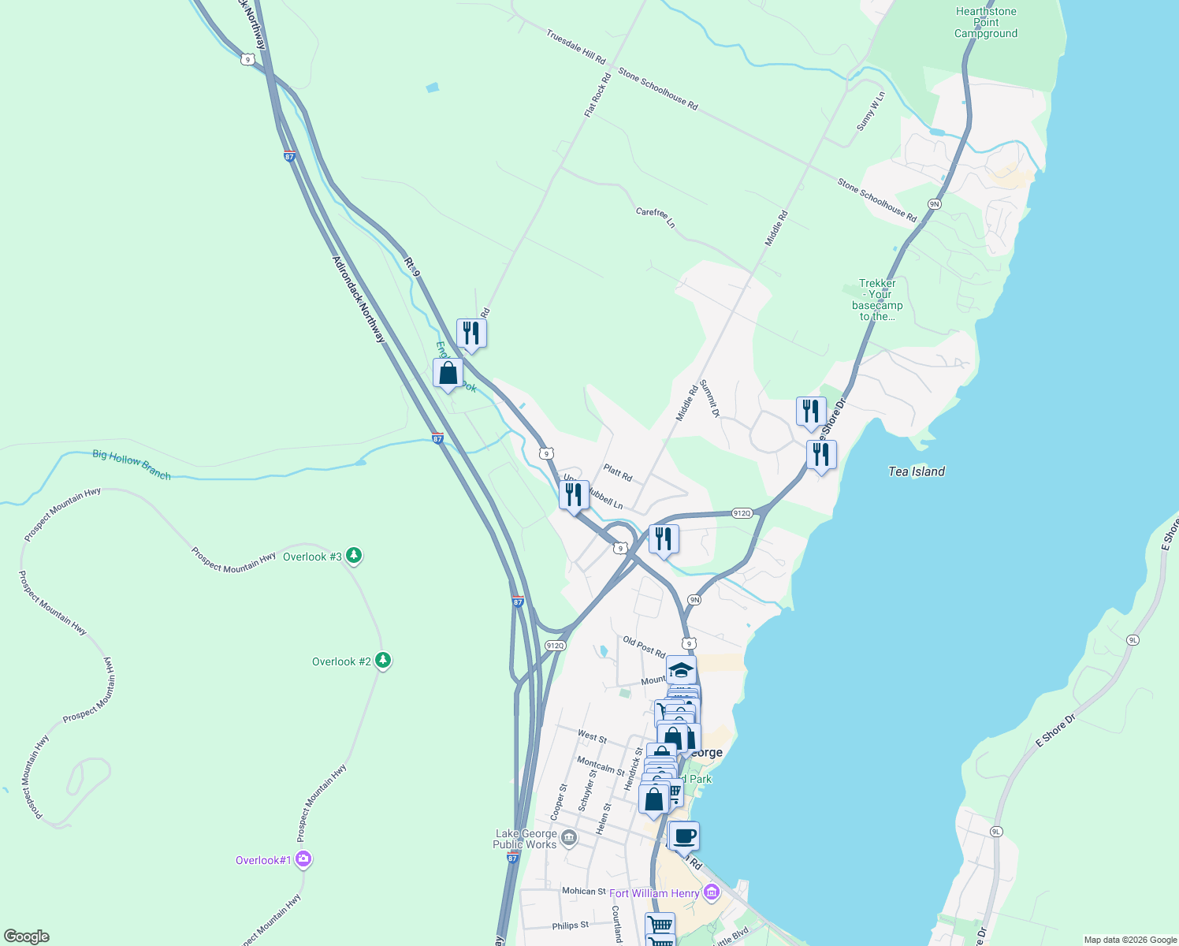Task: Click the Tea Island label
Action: click(x=916, y=471)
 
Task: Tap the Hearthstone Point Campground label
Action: click(x=986, y=23)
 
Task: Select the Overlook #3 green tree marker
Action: click(x=355, y=556)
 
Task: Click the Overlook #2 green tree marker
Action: click(x=383, y=661)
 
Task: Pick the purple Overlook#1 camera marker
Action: click(x=304, y=859)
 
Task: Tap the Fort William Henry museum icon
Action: click(x=712, y=892)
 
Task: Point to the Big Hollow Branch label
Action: click(x=132, y=464)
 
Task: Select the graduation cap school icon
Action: click(x=681, y=670)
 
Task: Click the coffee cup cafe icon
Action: click(x=684, y=836)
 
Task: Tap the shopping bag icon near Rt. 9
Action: click(x=448, y=373)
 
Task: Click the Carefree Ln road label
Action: click(x=656, y=218)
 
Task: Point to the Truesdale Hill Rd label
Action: click(x=576, y=47)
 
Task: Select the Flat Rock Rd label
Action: click(x=597, y=96)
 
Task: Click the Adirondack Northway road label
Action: click(x=359, y=299)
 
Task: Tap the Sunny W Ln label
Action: click(x=871, y=110)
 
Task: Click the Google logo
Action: click(x=26, y=937)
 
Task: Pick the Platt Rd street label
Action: click(x=618, y=473)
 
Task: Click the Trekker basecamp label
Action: click(x=877, y=300)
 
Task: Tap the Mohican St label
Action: click(x=584, y=891)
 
